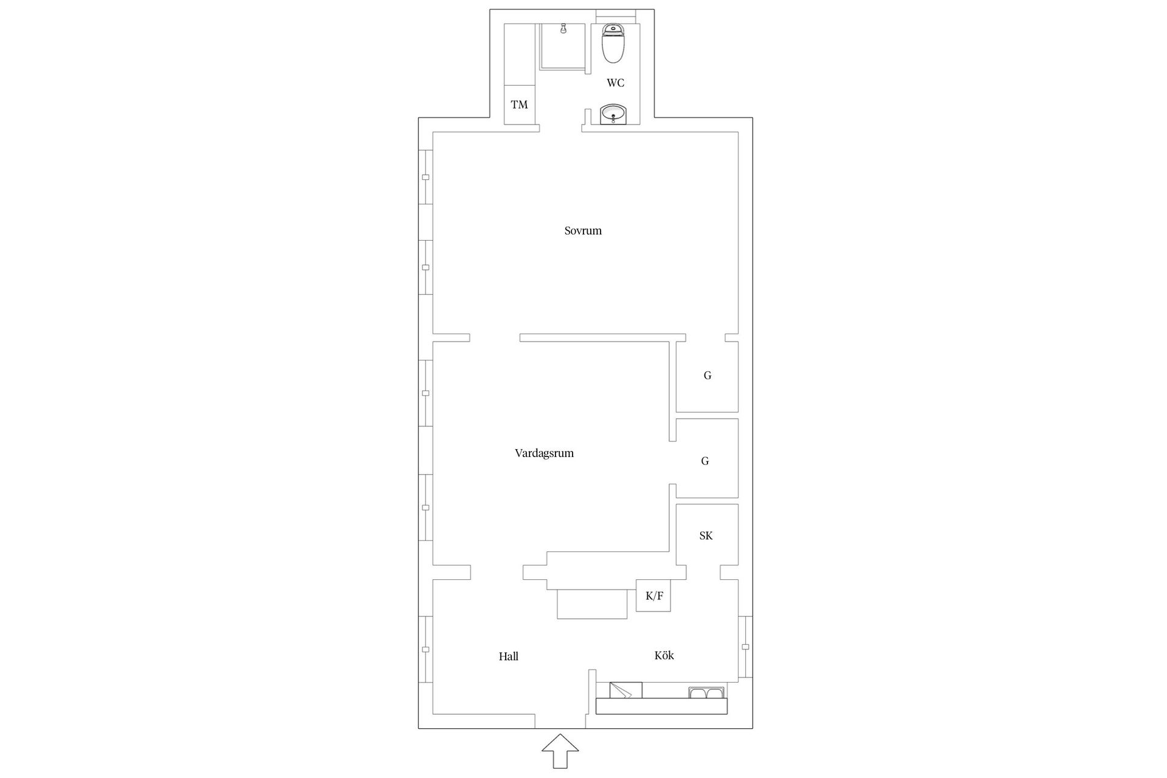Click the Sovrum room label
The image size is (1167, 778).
point(583,231)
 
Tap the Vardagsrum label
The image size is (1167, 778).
point(544,453)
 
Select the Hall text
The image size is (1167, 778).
point(508,656)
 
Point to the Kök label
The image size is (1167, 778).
point(664,656)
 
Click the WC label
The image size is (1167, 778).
point(615,83)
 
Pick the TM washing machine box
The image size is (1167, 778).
point(519,105)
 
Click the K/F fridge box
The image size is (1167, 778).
point(653,596)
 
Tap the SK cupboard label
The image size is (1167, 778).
point(706,536)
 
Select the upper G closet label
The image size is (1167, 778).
point(707,376)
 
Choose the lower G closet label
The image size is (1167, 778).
point(705,461)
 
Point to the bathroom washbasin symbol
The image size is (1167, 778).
point(613,114)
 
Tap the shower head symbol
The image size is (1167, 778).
point(564,29)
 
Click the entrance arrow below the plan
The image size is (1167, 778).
point(560,751)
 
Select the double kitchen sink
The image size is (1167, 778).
point(706,693)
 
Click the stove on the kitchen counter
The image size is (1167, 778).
point(625,690)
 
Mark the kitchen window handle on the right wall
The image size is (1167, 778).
point(746,647)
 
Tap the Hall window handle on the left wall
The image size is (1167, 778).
point(425,650)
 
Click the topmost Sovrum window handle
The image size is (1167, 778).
point(425,177)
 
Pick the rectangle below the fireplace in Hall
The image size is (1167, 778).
point(592,604)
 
